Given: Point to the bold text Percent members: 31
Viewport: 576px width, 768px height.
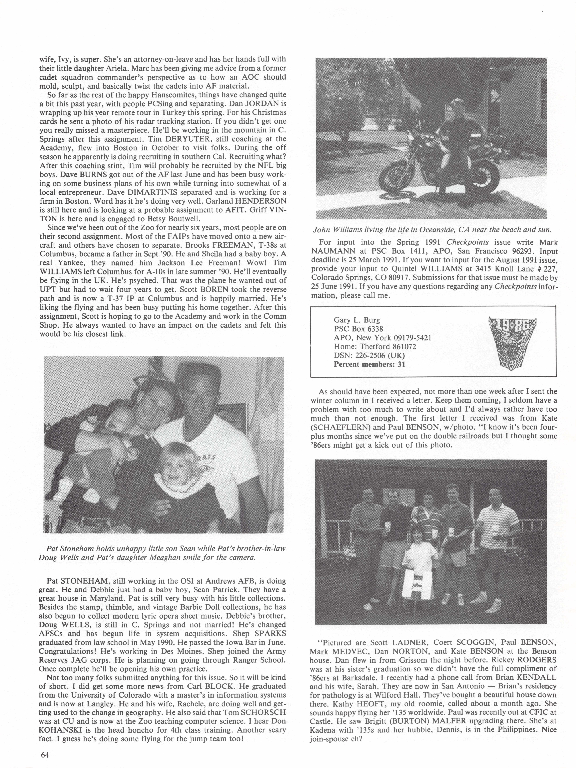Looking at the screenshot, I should pyautogui.click(x=369, y=364).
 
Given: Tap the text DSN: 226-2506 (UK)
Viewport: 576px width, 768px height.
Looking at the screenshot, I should pyautogui.click(x=369, y=355).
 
